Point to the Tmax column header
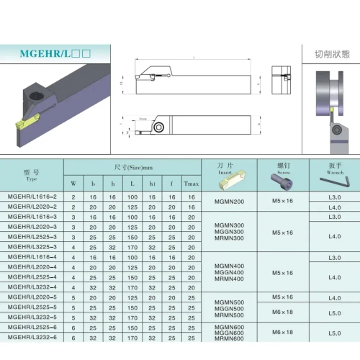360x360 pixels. tap(190, 183)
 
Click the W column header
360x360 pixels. tap(73, 183)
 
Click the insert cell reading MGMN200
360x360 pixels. tap(230, 202)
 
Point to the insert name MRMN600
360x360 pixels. tap(230, 338)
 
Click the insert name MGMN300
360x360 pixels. tap(230, 225)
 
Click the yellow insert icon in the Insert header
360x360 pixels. tap(241, 176)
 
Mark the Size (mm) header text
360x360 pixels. tap(132, 167)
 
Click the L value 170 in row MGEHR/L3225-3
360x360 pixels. tap(132, 246)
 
